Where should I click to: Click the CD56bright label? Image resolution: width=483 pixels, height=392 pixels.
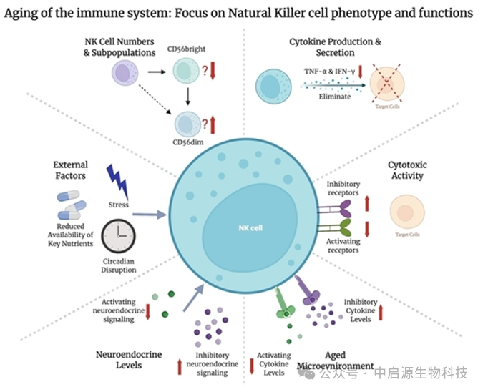pyautogui.click(x=187, y=49)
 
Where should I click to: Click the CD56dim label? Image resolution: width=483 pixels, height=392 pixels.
pyautogui.click(x=187, y=142)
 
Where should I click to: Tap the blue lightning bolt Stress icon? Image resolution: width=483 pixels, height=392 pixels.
pyautogui.click(x=117, y=182)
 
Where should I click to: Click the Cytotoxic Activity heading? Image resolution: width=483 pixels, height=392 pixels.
pyautogui.click(x=407, y=170)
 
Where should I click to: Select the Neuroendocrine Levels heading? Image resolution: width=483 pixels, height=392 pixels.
pyautogui.click(x=129, y=359)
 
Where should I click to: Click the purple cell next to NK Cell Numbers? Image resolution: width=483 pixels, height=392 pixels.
pyautogui.click(x=123, y=73)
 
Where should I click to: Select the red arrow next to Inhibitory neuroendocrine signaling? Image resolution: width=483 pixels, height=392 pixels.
pyautogui.click(x=180, y=367)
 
